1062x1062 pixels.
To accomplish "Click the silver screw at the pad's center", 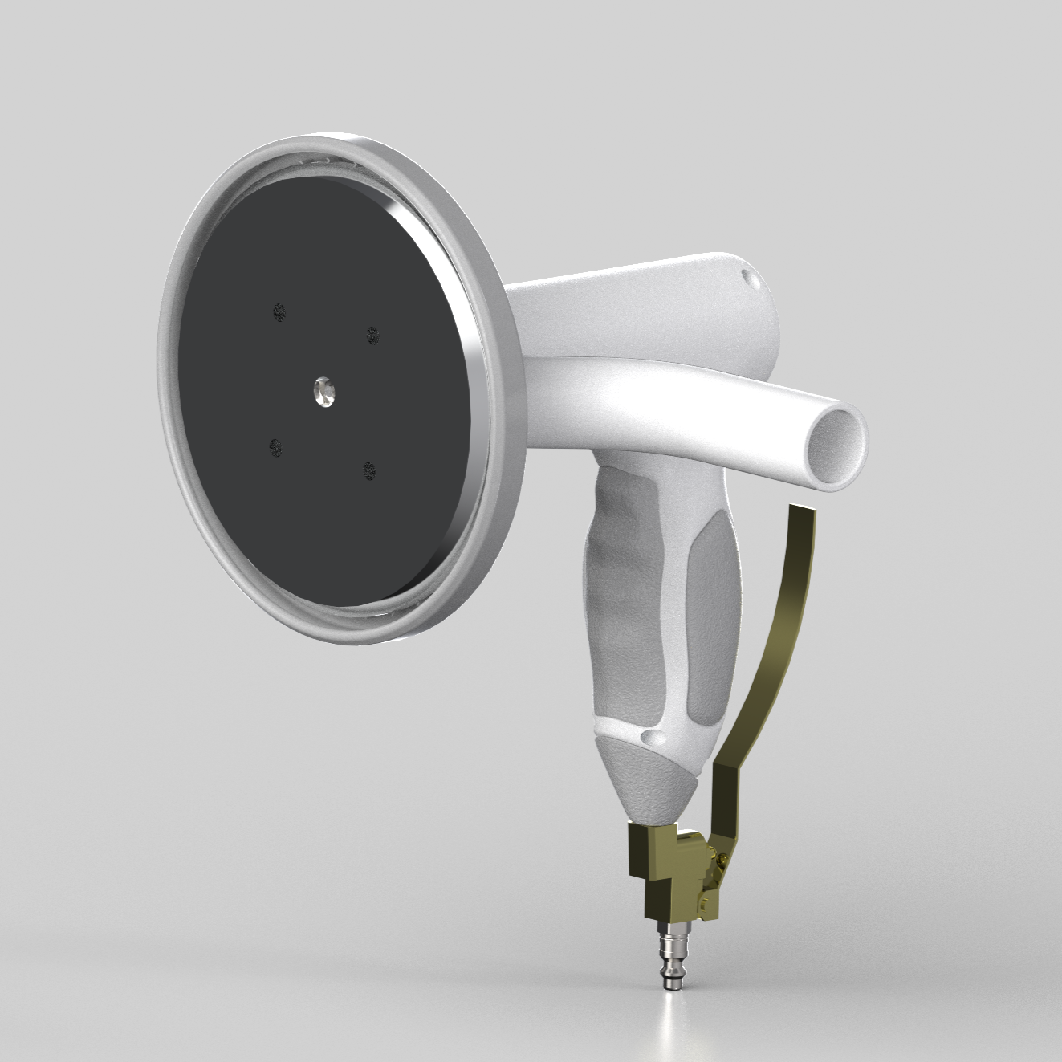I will tap(324, 390).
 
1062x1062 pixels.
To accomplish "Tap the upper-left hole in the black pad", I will tap(279, 311).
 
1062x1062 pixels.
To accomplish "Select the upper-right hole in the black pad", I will tap(372, 334).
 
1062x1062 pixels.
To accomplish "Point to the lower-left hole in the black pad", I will tap(275, 448).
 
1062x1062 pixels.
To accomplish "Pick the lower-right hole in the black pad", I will tap(368, 470).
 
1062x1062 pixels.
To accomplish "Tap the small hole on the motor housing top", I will tap(750, 279).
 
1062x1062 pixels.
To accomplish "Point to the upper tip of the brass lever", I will tap(803, 514).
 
